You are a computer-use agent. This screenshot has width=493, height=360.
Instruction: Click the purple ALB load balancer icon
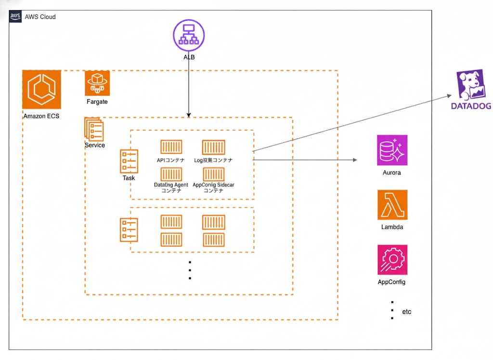pos(189,35)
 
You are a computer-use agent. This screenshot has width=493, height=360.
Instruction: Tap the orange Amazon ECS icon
pos(42,90)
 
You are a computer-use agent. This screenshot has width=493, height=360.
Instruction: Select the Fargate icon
pos(97,83)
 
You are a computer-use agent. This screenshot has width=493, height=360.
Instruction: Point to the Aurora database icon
pos(392,150)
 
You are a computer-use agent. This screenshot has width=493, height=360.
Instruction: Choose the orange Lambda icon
pos(392,205)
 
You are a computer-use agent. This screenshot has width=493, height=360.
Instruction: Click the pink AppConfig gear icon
pos(392,260)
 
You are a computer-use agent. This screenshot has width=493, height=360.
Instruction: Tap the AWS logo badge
pos(15,16)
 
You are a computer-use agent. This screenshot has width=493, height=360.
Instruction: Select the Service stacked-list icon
pos(94,129)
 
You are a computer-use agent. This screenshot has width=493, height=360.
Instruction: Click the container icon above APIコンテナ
pos(171,147)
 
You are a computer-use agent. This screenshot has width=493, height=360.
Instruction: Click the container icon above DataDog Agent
pos(171,174)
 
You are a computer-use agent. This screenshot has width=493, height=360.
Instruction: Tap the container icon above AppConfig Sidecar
pos(214,174)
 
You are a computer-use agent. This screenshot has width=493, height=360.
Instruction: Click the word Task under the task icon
pos(129,178)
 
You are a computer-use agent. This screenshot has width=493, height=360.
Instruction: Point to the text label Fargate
pos(97,102)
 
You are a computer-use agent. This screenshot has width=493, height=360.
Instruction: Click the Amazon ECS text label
pos(41,116)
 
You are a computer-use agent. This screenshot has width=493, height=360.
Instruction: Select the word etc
pos(407,312)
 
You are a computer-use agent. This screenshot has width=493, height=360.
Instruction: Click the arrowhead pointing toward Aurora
pos(355,160)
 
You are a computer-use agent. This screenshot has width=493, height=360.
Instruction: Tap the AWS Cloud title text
pos(40,17)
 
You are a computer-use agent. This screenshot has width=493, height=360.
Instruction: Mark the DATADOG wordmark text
pos(471,106)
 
